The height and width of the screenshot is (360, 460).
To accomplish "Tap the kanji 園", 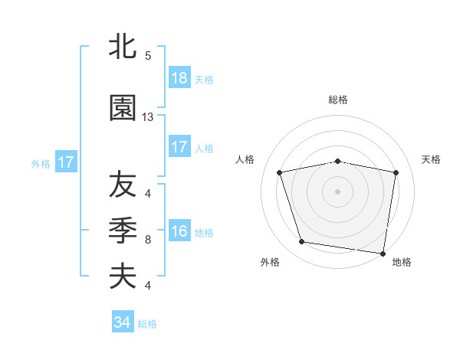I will click(x=123, y=108).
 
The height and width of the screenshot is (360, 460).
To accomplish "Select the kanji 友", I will click(x=123, y=185).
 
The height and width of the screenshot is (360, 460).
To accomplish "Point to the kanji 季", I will click(x=123, y=231).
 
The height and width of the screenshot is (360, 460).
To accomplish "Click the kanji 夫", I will click(x=123, y=277).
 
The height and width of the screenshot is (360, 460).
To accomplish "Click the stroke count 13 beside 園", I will click(x=148, y=117).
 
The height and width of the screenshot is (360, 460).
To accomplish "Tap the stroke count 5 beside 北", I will click(x=148, y=56).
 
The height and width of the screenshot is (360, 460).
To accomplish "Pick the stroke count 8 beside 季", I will click(x=148, y=240).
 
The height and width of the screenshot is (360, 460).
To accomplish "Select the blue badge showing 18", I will click(x=179, y=77).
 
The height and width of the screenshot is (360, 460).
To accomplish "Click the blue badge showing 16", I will click(x=179, y=231).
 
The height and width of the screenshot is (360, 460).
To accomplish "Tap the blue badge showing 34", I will click(x=123, y=322).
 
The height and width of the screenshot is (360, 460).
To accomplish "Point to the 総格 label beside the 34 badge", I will click(x=147, y=324).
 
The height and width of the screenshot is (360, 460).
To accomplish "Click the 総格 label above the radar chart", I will click(x=338, y=100).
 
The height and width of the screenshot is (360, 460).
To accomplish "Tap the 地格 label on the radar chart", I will click(x=402, y=262).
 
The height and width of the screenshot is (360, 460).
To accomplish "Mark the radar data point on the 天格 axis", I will click(x=396, y=172).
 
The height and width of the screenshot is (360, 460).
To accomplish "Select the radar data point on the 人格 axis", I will click(x=280, y=172).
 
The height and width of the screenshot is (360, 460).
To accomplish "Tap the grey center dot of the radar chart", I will click(x=338, y=191).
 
